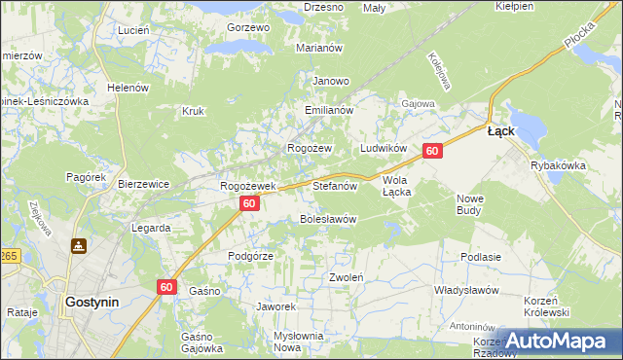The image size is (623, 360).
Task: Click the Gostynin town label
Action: tap(92, 302)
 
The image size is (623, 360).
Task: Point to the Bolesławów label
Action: tap(327, 219)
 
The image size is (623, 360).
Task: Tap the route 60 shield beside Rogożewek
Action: tap(249, 203)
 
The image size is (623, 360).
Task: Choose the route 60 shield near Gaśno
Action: tap(166, 286)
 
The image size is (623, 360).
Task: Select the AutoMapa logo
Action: tap(559, 342)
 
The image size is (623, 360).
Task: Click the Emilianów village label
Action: tap(328, 111)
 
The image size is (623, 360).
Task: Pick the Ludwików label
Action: tap(383, 148)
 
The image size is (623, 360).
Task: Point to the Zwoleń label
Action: tap(346, 277)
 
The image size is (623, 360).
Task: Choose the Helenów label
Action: tap(128, 87)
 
